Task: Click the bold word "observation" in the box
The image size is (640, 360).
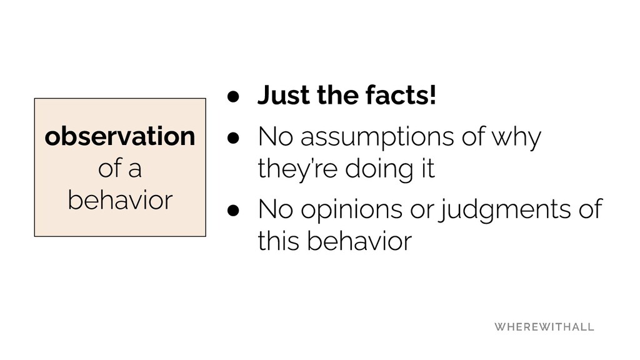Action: [119, 136]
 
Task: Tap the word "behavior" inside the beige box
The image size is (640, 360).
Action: [120, 200]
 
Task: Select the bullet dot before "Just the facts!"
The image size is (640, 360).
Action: [233, 97]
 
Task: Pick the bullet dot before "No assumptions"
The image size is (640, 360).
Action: [233, 137]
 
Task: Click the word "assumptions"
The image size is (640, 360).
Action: [377, 137]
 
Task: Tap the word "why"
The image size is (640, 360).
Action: [516, 137]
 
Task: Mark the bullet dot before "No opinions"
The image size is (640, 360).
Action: [233, 211]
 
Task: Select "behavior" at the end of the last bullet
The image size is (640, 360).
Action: [359, 241]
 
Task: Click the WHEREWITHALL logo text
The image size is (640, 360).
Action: [544, 327]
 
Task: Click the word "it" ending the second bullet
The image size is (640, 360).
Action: [429, 168]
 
